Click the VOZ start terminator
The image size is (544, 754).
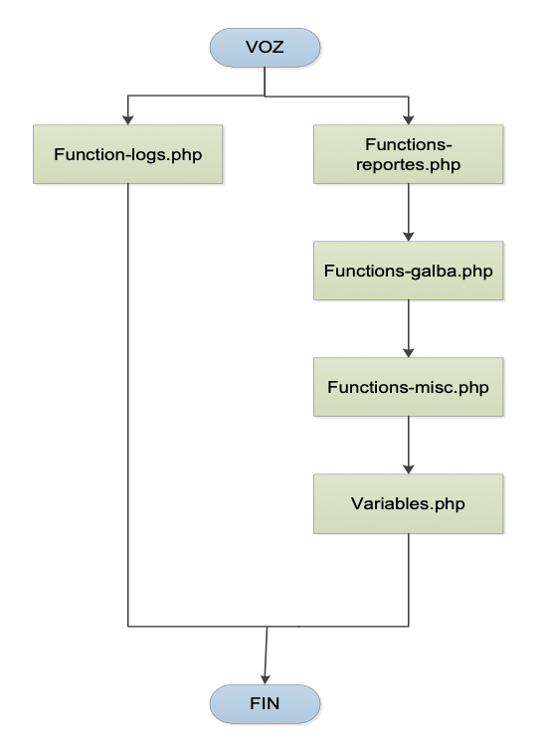click(265, 47)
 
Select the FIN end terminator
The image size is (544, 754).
click(265, 704)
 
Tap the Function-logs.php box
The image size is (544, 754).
click(128, 154)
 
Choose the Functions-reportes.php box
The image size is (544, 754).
click(409, 154)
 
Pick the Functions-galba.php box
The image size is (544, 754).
click(409, 271)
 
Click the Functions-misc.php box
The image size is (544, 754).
click(409, 387)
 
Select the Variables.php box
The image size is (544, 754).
click(409, 503)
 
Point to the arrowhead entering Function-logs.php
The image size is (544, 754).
click(128, 120)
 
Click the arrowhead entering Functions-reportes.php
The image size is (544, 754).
click(409, 120)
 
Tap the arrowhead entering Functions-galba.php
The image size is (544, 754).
click(409, 237)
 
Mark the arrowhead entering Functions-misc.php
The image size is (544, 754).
click(409, 353)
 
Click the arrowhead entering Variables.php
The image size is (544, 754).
click(409, 470)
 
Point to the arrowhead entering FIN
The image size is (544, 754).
click(265, 680)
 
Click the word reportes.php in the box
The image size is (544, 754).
click(408, 165)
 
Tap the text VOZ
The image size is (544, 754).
click(265, 47)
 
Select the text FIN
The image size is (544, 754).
click(265, 704)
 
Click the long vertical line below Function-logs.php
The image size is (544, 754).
click(128, 405)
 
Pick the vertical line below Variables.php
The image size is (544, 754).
click(409, 580)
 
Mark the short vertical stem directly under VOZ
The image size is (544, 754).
click(265, 82)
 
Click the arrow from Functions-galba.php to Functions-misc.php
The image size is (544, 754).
click(409, 329)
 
